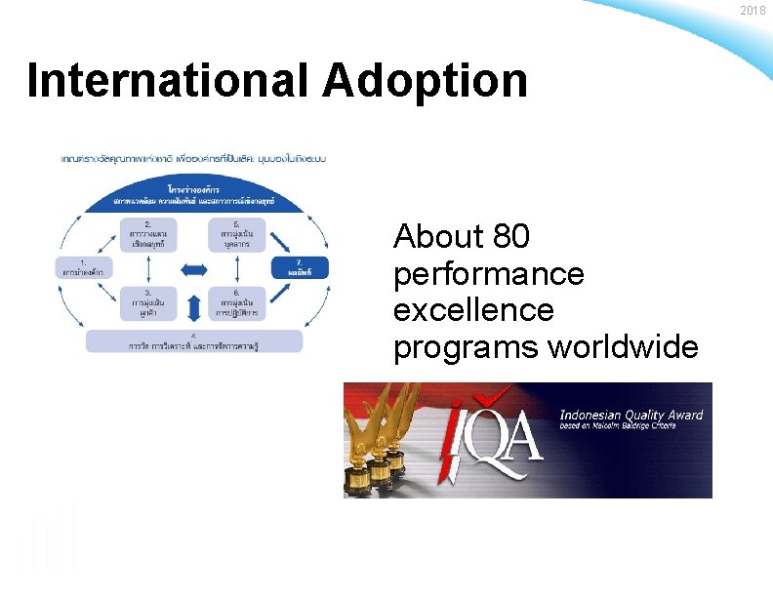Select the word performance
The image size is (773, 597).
[x=488, y=274]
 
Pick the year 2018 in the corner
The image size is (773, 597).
[x=753, y=11]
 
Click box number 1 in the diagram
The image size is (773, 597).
[x=83, y=267]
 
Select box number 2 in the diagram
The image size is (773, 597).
[x=147, y=235]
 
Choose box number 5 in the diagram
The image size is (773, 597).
[x=235, y=235]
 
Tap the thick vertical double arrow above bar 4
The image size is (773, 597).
[x=193, y=306]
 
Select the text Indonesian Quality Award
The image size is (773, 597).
[x=631, y=416]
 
